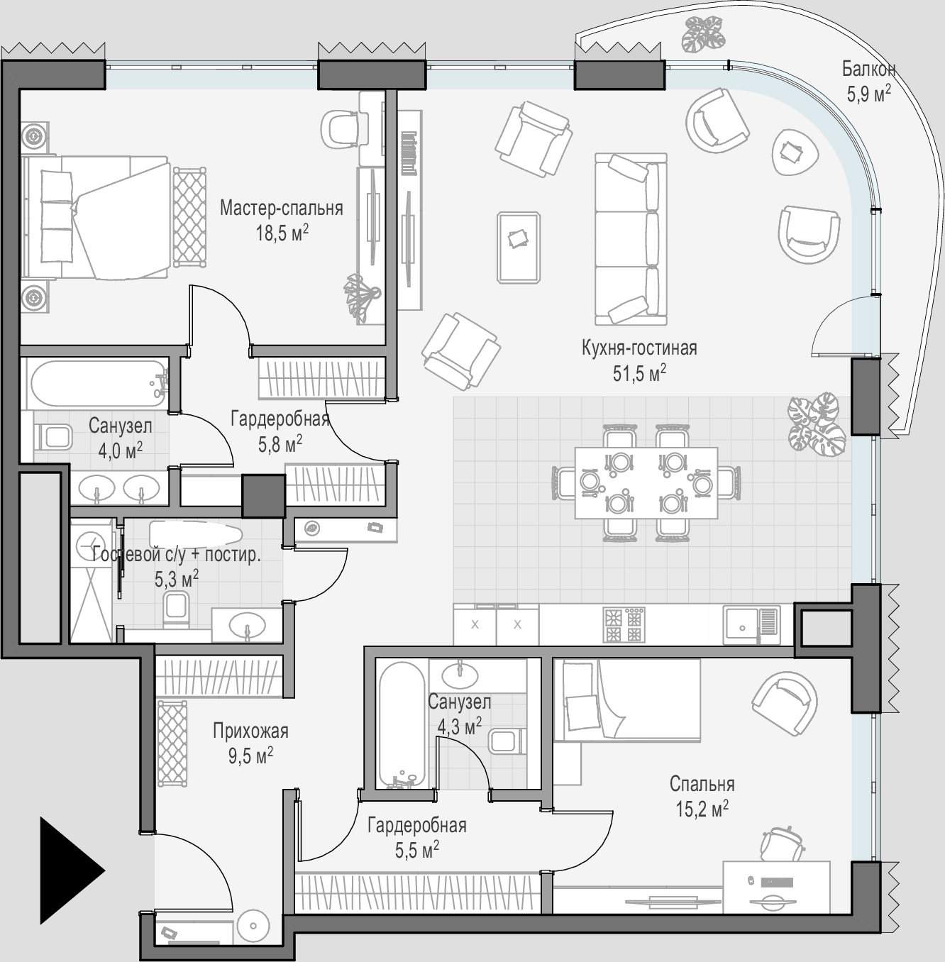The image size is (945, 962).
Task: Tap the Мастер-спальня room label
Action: [281, 208]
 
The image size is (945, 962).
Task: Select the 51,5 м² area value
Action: [639, 373]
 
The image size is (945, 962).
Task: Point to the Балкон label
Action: [868, 69]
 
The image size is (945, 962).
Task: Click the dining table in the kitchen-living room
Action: [646, 482]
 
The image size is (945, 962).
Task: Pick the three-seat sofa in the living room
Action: [631, 239]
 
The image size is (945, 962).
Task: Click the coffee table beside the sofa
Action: [519, 247]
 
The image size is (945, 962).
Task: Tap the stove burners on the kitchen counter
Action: [624, 624]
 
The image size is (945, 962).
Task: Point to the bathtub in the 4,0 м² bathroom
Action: [98, 383]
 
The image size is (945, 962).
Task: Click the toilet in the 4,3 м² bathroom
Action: [505, 741]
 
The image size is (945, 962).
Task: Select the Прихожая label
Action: [250, 731]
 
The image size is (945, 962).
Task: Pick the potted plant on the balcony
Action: [704, 33]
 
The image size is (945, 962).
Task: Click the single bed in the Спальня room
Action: [627, 700]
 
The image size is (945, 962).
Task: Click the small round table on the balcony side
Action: [795, 153]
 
